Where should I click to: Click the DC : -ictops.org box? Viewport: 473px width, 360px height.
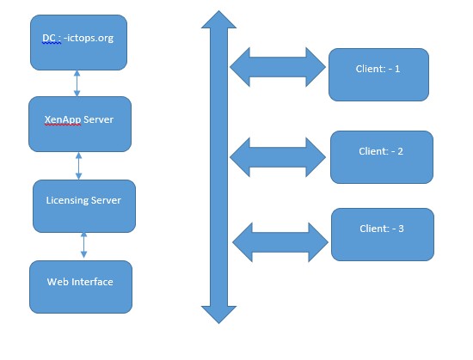coord(78,42)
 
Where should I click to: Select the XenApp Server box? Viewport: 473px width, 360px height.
coord(80,124)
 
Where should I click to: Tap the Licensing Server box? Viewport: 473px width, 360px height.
coord(84,206)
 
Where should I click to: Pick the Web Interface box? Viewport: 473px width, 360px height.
coord(81,287)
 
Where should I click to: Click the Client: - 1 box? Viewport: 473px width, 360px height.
coord(378,75)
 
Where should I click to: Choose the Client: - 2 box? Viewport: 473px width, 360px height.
coord(382,157)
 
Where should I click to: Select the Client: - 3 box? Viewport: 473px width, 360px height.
coord(383,235)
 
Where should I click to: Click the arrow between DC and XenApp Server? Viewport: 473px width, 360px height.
coord(77,83)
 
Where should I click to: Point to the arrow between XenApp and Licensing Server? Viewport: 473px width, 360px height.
coord(79,166)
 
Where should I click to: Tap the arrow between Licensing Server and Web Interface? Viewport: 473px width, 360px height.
coord(84,245)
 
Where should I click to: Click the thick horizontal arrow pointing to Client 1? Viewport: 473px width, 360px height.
coord(278,67)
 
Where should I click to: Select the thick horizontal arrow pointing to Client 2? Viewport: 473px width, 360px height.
coord(278,157)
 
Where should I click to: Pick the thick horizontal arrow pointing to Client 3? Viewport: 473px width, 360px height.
coord(280,242)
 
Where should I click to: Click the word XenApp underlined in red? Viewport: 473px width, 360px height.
coord(63,119)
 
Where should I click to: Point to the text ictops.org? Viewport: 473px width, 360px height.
coord(90,39)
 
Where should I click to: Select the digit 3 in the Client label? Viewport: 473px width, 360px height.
coord(401,229)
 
